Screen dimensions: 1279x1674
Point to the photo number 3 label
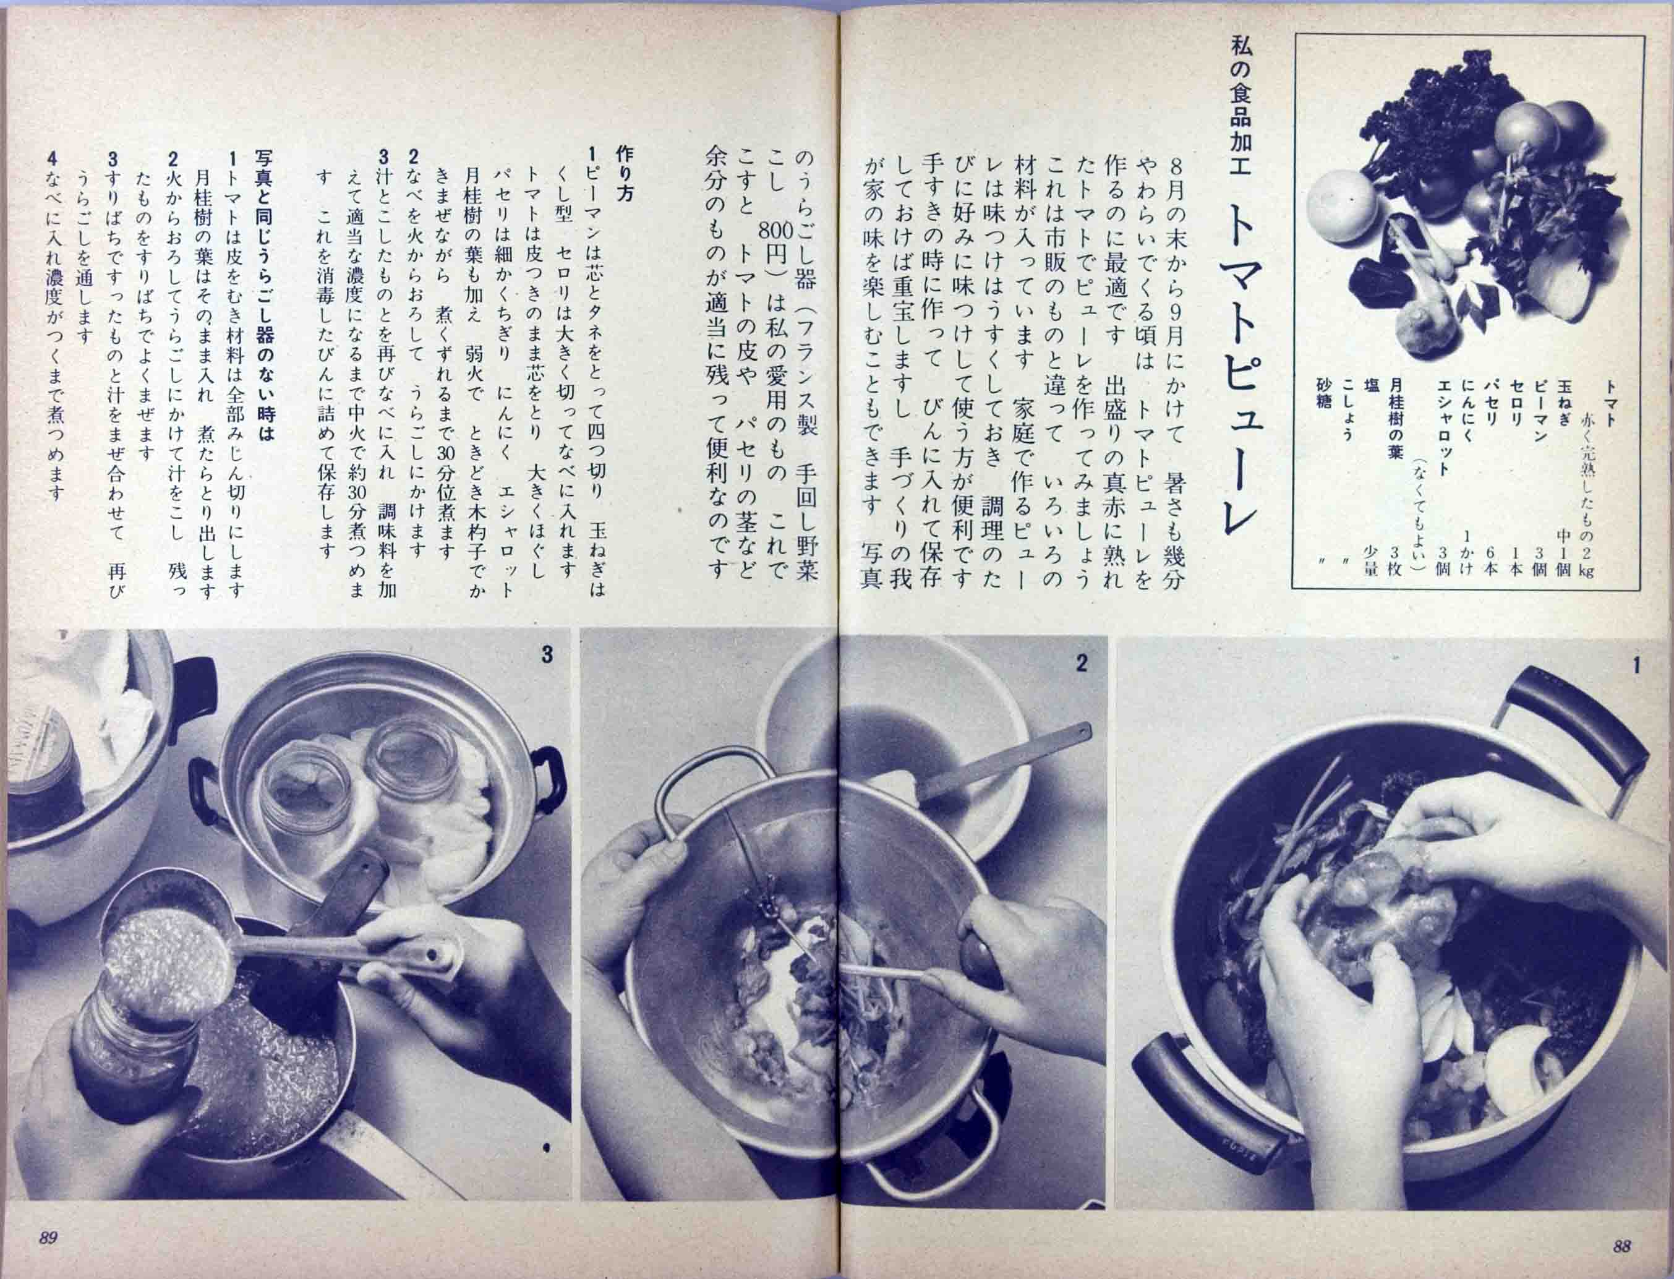click(546, 655)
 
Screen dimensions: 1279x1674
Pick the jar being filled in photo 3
click(129, 1066)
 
